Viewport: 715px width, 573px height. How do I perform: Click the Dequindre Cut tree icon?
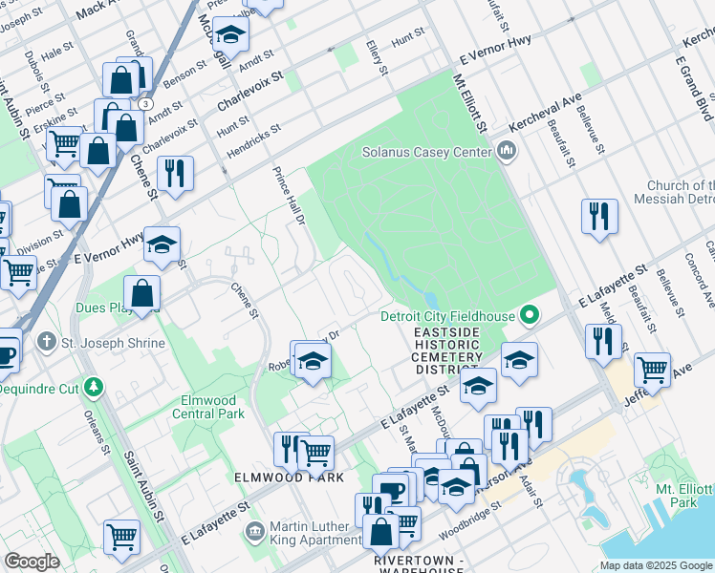[94, 387]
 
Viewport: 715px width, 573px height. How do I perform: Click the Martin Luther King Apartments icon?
[255, 530]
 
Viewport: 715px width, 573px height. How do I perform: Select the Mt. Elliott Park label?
[682, 495]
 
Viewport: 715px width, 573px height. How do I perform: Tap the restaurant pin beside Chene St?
[175, 174]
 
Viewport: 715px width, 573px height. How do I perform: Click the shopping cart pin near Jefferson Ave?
[652, 369]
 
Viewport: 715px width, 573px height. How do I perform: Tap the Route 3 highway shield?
[144, 102]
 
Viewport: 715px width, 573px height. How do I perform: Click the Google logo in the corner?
[32, 562]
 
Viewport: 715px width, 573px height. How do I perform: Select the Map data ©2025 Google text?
[655, 565]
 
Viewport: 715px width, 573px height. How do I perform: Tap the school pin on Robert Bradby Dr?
[312, 361]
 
